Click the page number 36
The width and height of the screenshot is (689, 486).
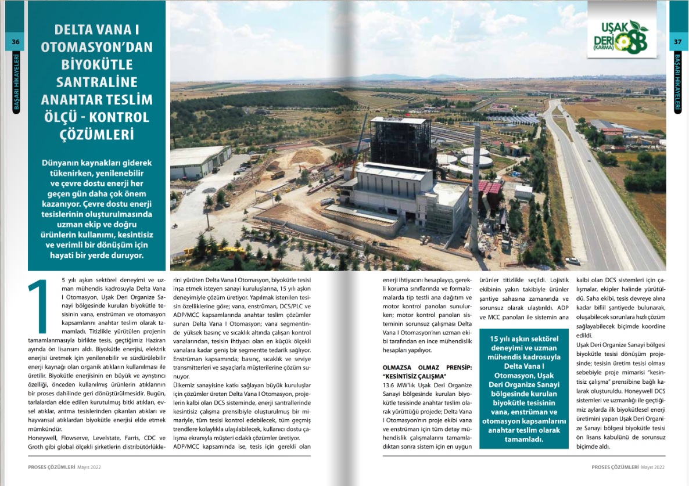tap(16, 41)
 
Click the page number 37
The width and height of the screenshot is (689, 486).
tap(677, 41)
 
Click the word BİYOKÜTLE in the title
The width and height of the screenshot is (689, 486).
tap(87, 64)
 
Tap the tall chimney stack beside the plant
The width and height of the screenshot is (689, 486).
tap(475, 186)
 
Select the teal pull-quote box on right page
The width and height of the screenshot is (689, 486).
tap(524, 388)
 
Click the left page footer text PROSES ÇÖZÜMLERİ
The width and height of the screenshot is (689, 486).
tap(52, 466)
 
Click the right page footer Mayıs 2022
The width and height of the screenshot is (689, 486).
tap(652, 466)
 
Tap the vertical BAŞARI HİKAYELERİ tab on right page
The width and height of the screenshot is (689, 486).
tap(677, 81)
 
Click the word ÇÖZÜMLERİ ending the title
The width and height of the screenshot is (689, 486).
tap(87, 134)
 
